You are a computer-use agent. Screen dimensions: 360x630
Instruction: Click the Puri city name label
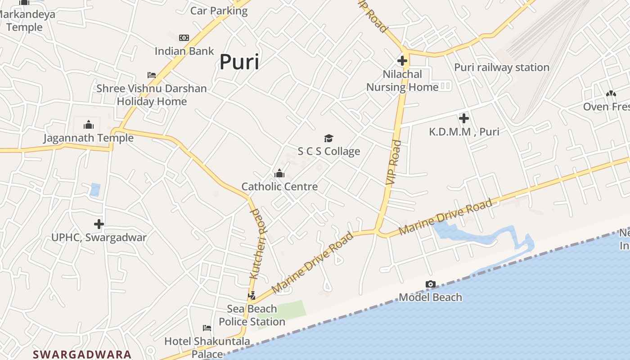(239, 62)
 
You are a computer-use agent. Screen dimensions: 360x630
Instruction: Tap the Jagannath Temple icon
(89, 124)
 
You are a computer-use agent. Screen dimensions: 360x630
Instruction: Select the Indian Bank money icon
(184, 38)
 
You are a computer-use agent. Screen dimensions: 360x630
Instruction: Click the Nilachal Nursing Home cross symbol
(402, 60)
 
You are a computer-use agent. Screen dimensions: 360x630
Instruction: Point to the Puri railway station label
(501, 67)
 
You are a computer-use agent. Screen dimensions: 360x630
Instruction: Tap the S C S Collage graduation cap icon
(329, 138)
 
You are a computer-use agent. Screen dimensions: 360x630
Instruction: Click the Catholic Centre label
(279, 186)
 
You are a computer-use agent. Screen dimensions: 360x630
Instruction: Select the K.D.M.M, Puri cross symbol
(464, 118)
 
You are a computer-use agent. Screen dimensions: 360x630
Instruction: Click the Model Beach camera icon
(431, 284)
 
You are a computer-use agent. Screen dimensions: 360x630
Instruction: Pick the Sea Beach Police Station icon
(252, 296)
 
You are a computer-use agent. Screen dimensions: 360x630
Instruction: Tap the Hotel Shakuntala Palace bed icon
(207, 328)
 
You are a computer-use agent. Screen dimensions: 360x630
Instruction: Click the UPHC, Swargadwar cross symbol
(99, 224)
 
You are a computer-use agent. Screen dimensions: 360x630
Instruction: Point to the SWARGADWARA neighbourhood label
(82, 354)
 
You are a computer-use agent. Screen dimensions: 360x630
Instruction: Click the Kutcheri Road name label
(258, 243)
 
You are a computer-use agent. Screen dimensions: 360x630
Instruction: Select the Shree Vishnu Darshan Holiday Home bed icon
(152, 75)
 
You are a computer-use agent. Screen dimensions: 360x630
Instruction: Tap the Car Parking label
(219, 11)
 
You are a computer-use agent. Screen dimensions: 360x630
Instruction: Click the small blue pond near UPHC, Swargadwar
(95, 189)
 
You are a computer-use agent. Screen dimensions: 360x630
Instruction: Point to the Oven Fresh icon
(611, 94)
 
